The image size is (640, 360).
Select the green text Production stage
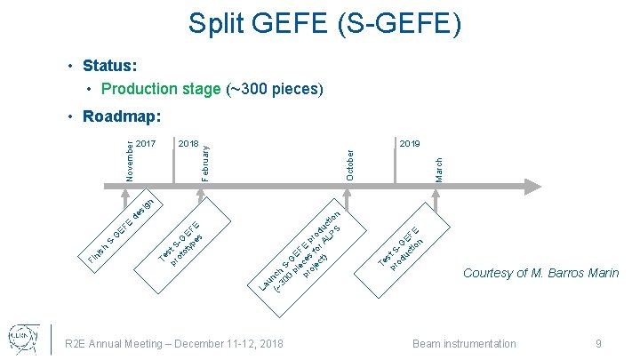[x=160, y=89]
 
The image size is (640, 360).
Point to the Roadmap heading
[x=120, y=117]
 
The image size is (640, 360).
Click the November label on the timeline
[x=130, y=160]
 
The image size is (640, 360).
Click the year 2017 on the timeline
[x=147, y=143]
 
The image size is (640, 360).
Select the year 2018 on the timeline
[x=188, y=143]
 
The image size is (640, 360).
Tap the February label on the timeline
[x=205, y=158]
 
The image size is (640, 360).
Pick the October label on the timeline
[x=349, y=164]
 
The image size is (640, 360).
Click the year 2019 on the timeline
[x=411, y=143]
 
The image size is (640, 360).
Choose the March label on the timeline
[x=438, y=169]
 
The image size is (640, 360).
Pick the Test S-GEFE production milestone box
[x=404, y=243]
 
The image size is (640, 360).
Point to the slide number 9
[x=599, y=343]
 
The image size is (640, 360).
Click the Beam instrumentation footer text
[x=464, y=343]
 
